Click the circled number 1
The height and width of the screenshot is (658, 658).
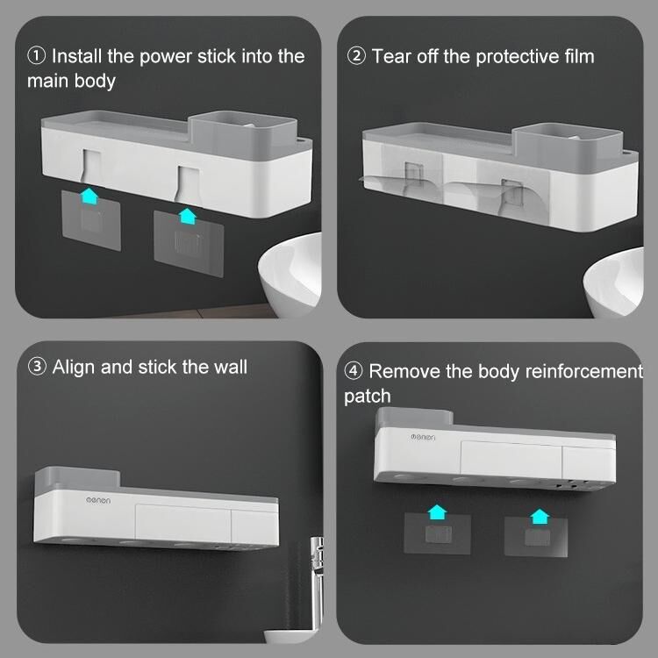tap(36, 56)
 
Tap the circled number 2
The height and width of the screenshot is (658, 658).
tap(356, 56)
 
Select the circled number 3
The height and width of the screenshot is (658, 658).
tap(37, 367)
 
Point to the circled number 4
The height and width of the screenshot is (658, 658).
tap(354, 371)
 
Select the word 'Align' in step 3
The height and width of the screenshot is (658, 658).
tap(74, 368)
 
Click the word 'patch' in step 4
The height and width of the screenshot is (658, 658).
tap(368, 397)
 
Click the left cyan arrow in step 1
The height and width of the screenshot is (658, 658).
tap(89, 196)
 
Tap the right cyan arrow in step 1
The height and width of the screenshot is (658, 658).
tap(187, 216)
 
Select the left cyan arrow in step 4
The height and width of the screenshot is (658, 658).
tap(437, 512)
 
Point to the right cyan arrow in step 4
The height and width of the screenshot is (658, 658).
tap(540, 517)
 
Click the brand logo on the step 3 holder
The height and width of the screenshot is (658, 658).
tap(98, 500)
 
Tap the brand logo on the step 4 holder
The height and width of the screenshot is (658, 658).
tap(423, 437)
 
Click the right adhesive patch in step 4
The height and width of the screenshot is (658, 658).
tap(536, 537)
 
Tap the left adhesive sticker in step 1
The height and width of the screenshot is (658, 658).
tap(91, 220)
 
